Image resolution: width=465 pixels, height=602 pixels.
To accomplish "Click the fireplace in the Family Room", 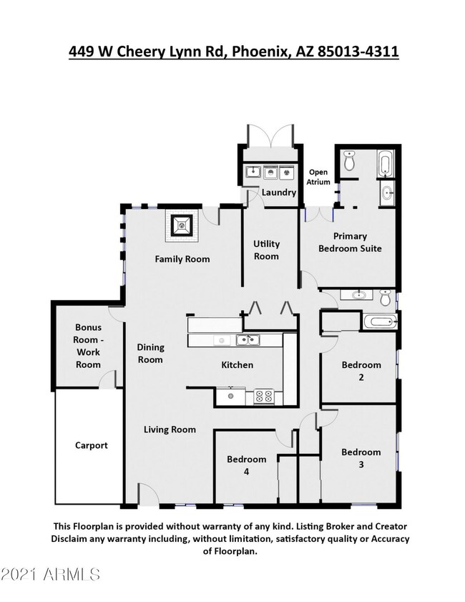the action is tap(182, 225).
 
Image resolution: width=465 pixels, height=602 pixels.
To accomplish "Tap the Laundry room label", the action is tap(279, 192).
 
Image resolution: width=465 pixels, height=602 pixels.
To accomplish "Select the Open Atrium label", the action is tap(318, 177).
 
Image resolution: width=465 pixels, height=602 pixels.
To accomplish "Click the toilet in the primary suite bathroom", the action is tap(349, 160).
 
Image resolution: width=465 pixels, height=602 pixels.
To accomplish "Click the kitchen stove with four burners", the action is tap(263, 397).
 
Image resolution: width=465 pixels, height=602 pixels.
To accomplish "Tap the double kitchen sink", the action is tap(248, 340).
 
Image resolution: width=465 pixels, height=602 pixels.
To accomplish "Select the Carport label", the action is tap(92, 445).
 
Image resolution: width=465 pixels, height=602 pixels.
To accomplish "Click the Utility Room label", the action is tap(266, 250).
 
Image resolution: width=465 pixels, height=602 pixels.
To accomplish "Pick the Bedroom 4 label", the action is tap(246, 465).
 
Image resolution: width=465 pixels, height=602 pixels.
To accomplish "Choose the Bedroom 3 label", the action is tap(361, 458).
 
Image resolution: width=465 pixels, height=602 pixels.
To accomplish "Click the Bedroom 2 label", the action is tap(361, 371).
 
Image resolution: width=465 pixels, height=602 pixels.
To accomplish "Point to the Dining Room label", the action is tap(150, 353).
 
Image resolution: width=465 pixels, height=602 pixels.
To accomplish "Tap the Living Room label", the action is tap(170, 429).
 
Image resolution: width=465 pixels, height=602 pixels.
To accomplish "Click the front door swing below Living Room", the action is tap(147, 494).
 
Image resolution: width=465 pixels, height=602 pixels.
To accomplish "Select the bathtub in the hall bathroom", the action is tap(379, 321).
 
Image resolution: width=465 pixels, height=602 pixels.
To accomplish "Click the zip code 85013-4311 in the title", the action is tap(358, 52).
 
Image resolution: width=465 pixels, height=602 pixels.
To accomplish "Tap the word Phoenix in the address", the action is tap(260, 52).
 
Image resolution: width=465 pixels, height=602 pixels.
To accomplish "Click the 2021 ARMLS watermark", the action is tap(50, 574).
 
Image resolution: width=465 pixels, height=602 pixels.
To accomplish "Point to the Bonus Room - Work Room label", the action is tap(88, 346).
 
